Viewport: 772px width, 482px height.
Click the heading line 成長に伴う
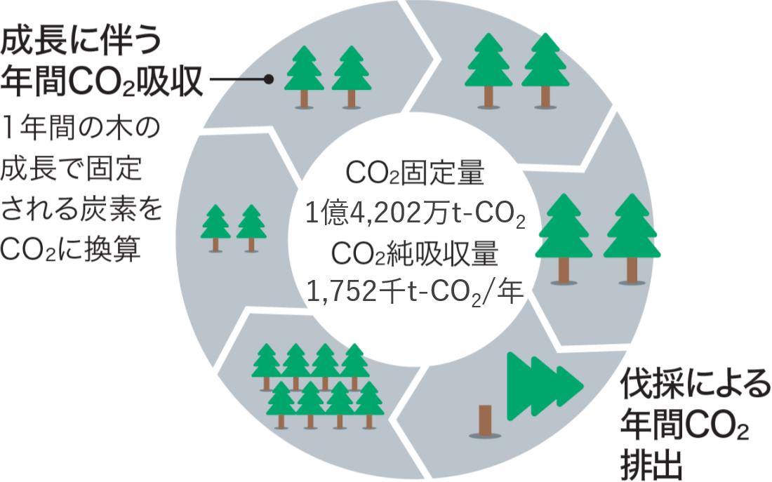[81, 41]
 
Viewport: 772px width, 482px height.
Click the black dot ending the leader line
[268, 80]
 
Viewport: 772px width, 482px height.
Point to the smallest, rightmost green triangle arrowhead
[570, 385]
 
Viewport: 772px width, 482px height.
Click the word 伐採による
[695, 384]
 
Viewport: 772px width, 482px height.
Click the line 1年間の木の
[81, 130]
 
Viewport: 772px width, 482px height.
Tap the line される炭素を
[81, 209]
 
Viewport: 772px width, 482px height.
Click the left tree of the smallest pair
[215, 225]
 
